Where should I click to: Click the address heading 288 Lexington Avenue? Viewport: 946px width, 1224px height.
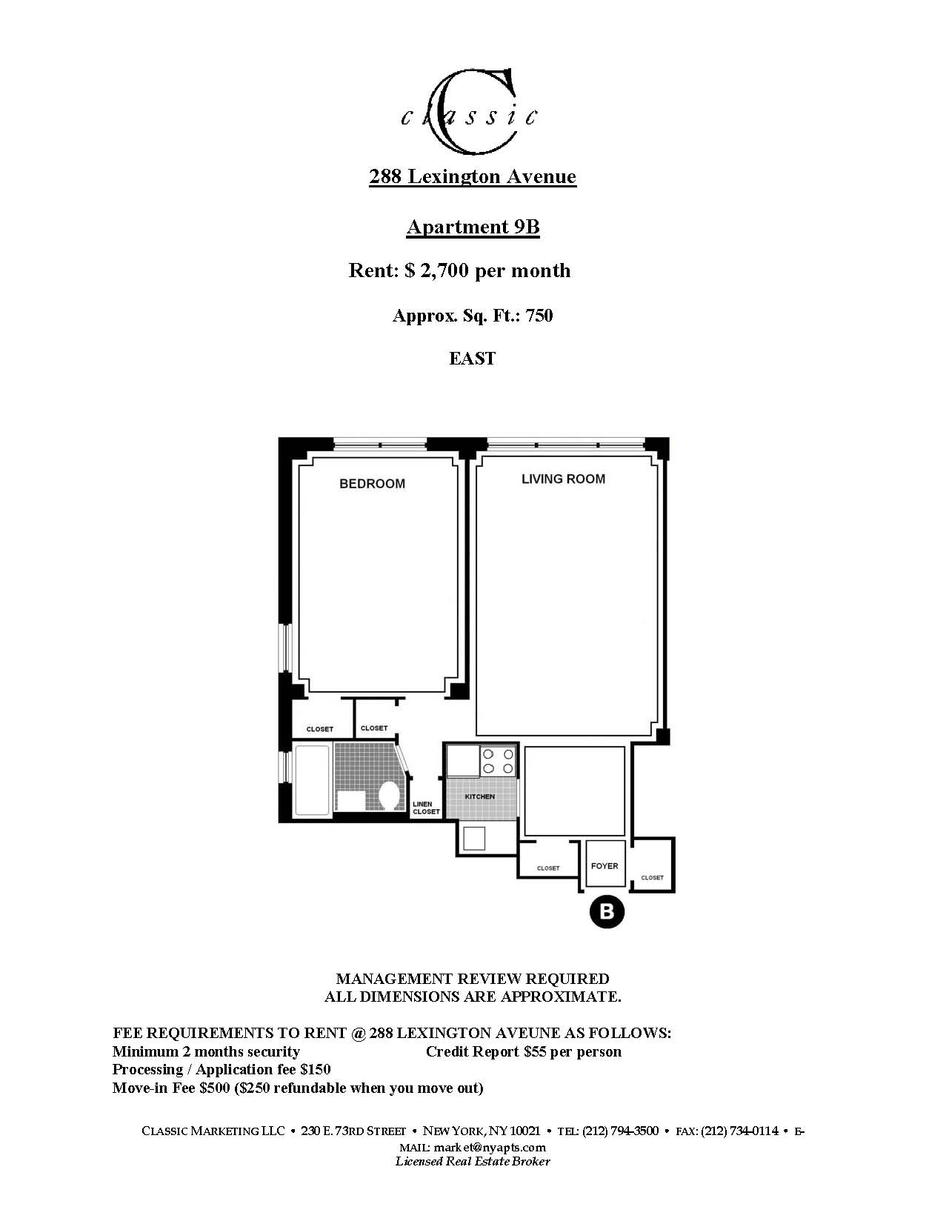pyautogui.click(x=473, y=176)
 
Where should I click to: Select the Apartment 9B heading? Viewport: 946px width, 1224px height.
pyautogui.click(x=473, y=227)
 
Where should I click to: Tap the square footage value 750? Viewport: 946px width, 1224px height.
pyautogui.click(x=539, y=316)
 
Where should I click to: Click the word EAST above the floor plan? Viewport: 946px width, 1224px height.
pyautogui.click(x=472, y=359)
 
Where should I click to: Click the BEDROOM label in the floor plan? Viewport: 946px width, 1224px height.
pyautogui.click(x=372, y=484)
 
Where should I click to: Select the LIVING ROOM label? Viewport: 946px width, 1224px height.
pyautogui.click(x=563, y=479)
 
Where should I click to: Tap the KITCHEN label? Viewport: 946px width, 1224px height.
pyautogui.click(x=479, y=796)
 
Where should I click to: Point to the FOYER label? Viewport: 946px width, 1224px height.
pyautogui.click(x=604, y=865)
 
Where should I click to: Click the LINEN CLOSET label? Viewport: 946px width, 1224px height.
pyautogui.click(x=426, y=808)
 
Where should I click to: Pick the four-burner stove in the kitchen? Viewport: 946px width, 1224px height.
pyautogui.click(x=498, y=761)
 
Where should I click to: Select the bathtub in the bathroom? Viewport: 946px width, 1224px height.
pyautogui.click(x=312, y=779)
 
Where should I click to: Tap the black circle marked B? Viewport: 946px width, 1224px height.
pyautogui.click(x=607, y=911)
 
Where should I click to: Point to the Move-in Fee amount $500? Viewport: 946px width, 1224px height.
pyautogui.click(x=215, y=1088)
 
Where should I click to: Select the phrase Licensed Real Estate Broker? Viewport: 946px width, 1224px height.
pyautogui.click(x=473, y=1161)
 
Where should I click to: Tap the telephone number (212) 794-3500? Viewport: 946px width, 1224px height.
pyautogui.click(x=620, y=1131)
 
